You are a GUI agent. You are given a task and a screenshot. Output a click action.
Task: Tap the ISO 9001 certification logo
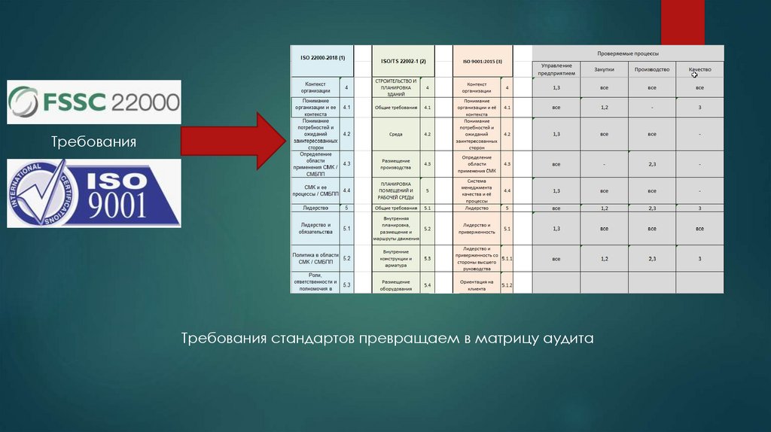(94, 193)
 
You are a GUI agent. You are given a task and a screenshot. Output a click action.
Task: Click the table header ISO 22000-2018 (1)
(322, 59)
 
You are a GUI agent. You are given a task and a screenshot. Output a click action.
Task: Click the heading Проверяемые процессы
(628, 54)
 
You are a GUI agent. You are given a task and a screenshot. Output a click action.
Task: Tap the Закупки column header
(604, 69)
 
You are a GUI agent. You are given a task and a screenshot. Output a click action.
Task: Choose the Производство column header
(652, 69)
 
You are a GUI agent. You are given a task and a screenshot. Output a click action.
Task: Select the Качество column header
(699, 69)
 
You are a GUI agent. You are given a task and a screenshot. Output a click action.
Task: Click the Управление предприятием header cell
(556, 69)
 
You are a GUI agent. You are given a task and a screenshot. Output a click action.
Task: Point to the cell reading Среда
(395, 134)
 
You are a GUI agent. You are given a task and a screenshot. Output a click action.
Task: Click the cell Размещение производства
(395, 163)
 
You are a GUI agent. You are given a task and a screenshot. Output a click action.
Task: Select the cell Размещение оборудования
(395, 284)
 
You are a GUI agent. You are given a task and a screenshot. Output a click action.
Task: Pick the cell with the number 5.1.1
(507, 258)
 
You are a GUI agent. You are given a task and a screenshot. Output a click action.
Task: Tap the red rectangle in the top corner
(682, 23)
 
